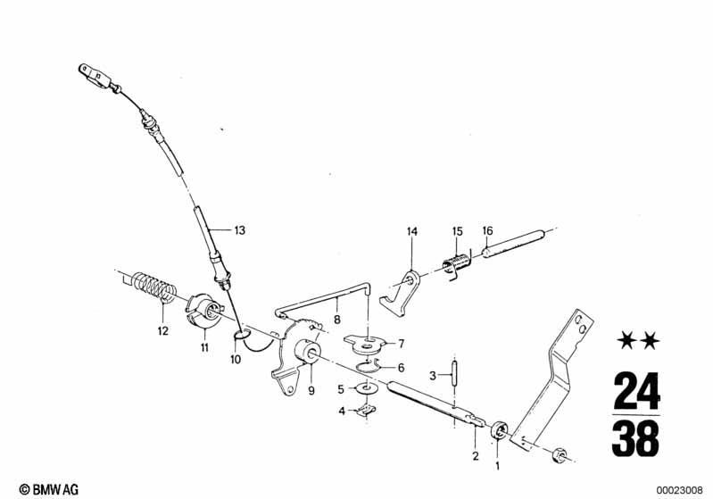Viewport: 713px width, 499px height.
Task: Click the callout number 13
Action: tap(240, 230)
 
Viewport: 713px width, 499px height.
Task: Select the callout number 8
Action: tap(337, 320)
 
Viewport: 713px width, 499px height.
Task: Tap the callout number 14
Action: tap(412, 231)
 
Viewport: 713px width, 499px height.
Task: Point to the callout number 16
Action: tap(487, 230)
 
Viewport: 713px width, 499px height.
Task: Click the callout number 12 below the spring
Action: tap(163, 331)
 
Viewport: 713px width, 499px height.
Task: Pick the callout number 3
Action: tap(433, 376)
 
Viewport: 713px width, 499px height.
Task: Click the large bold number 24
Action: tap(636, 390)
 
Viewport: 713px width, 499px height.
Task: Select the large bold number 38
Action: tap(635, 438)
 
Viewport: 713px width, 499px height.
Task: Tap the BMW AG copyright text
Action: tap(49, 489)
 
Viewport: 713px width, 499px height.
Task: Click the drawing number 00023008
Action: tap(679, 490)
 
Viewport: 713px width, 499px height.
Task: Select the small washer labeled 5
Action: tap(365, 389)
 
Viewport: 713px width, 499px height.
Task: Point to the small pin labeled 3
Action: tap(454, 373)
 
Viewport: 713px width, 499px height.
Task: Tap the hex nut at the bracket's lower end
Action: tap(560, 455)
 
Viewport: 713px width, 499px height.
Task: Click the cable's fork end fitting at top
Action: tap(95, 76)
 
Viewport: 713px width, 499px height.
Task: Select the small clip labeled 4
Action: tap(366, 411)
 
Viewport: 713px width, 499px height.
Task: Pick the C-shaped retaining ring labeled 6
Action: tap(369, 366)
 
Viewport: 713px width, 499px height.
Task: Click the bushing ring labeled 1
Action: tap(499, 430)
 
